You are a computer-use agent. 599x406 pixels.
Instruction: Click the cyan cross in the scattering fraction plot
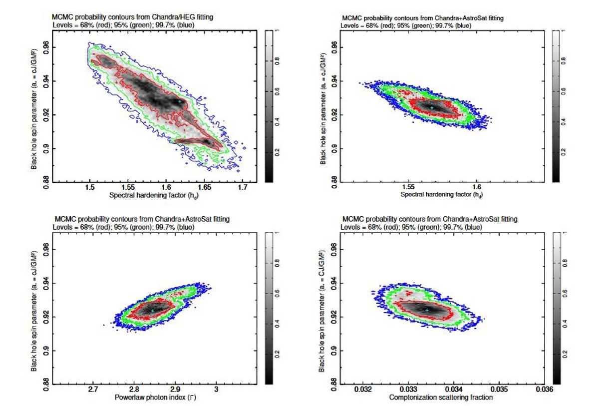tap(427, 310)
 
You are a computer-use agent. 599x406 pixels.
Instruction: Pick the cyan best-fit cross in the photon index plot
tap(153, 311)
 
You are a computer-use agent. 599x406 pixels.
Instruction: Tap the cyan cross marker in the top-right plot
tap(432, 107)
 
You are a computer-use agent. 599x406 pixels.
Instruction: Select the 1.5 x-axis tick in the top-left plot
tap(90, 187)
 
